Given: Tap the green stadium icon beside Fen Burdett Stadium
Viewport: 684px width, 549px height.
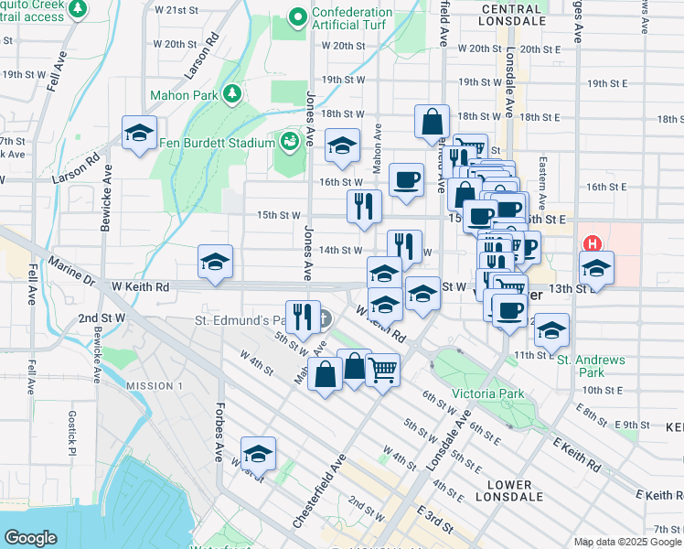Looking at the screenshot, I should pyautogui.click(x=290, y=141).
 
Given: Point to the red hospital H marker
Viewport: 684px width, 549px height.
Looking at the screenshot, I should pyautogui.click(x=593, y=244).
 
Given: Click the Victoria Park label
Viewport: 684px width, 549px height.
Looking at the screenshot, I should pyautogui.click(x=487, y=393).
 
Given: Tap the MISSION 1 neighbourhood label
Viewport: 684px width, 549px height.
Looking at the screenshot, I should pyautogui.click(x=155, y=386).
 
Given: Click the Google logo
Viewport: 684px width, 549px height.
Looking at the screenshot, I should pyautogui.click(x=30, y=537).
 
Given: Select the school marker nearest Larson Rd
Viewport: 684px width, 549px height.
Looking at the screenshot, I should pyautogui.click(x=139, y=133).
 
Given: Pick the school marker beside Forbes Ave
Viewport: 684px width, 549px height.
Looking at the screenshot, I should pyautogui.click(x=258, y=453).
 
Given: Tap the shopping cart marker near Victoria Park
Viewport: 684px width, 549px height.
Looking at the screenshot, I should pyautogui.click(x=382, y=369).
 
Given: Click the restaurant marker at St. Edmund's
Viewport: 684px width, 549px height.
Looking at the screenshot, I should pyautogui.click(x=302, y=317).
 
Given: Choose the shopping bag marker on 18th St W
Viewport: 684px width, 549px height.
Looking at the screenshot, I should pyautogui.click(x=432, y=122).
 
